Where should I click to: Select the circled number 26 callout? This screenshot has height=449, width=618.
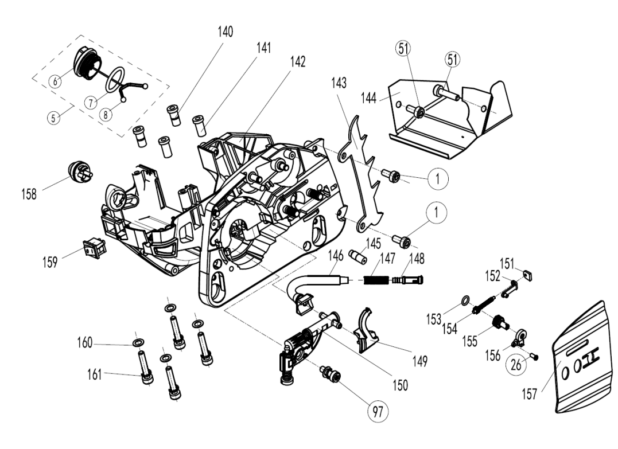(x=515, y=364)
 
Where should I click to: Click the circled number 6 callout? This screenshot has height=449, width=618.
(x=55, y=81)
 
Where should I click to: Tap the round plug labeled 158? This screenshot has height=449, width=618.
(x=79, y=171)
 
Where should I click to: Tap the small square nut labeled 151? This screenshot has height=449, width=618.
(x=530, y=274)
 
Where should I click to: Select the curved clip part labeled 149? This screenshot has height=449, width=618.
(x=365, y=330)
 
